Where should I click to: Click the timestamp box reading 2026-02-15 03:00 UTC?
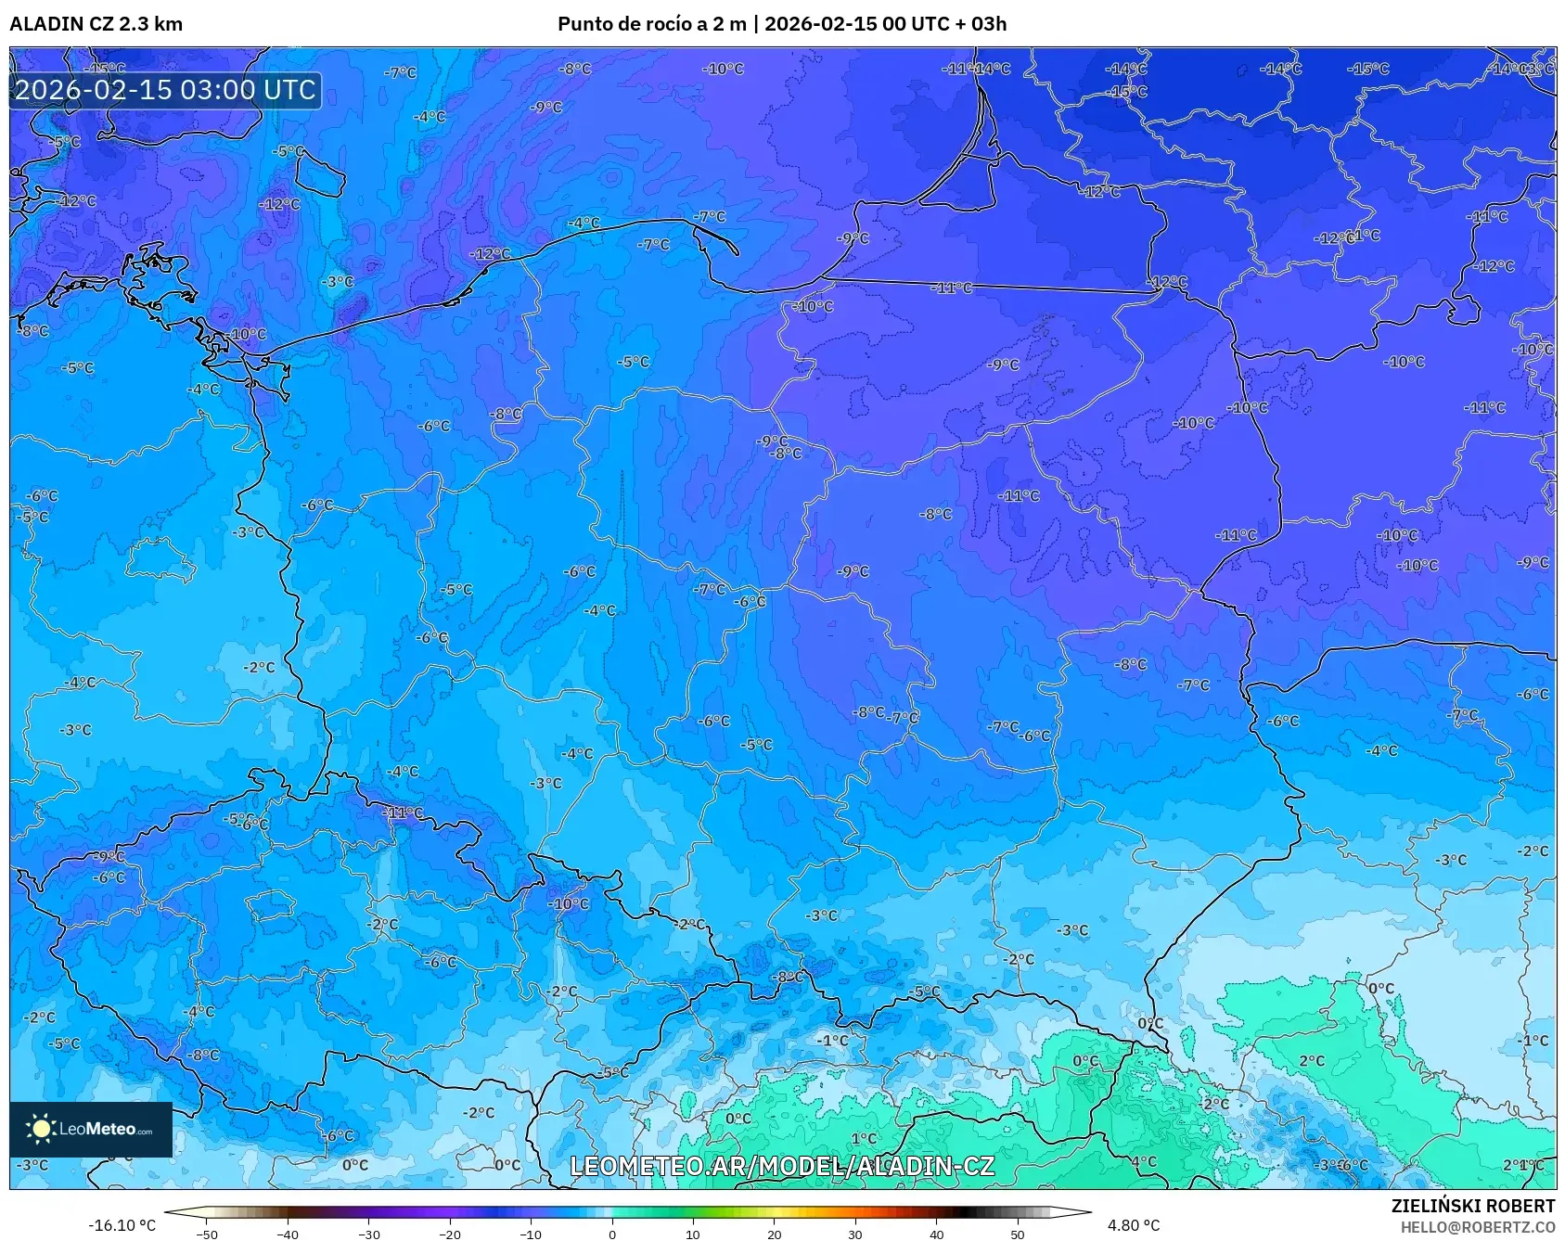point(165,90)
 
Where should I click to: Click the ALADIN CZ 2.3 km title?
point(96,24)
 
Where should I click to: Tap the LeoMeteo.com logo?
point(91,1129)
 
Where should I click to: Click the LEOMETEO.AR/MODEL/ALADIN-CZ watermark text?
point(781,1166)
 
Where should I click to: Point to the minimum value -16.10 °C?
point(122,1225)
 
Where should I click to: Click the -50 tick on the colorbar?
point(207,1234)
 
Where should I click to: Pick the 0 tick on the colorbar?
point(611,1234)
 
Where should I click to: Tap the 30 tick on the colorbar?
point(854,1234)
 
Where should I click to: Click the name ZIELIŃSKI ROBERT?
point(1472,1206)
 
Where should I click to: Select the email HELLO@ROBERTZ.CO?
point(1477,1227)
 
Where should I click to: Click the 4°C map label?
point(1143,1161)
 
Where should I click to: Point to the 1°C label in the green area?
point(864,1138)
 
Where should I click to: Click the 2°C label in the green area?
point(1311,1060)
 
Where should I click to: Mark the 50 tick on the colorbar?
point(1017,1234)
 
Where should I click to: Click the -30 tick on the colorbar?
point(369,1234)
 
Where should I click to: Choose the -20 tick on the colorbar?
point(450,1234)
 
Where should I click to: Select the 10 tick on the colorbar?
point(692,1234)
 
